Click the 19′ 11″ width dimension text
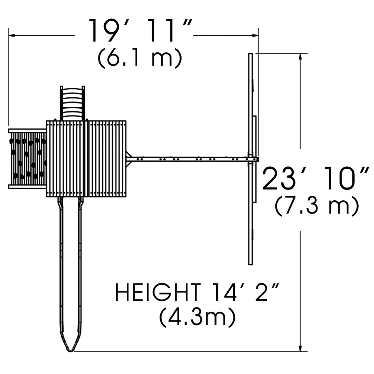click(141, 30)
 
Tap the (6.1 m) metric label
click(140, 58)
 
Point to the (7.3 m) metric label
click(317, 206)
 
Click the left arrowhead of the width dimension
click(12, 36)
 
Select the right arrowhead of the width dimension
click(255, 36)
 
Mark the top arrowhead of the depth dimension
click(301, 57)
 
